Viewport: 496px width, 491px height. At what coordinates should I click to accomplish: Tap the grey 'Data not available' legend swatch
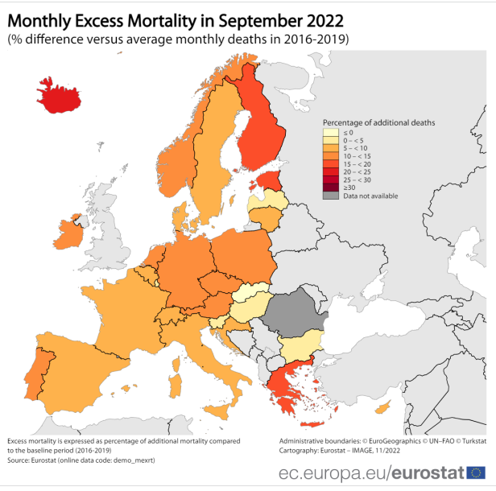(x=330, y=196)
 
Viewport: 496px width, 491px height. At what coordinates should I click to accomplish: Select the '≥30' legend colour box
(x=330, y=187)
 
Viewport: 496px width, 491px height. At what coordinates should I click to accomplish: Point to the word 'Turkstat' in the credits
(x=470, y=442)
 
